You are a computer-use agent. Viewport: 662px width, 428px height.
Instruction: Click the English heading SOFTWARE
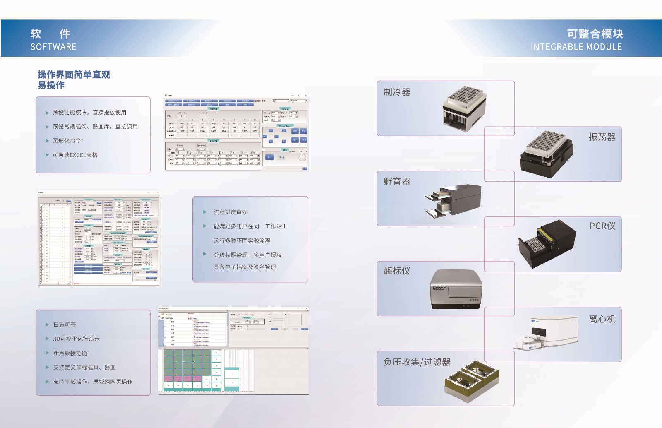tap(53, 47)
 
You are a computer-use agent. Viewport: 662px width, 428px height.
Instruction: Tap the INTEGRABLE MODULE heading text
tap(576, 47)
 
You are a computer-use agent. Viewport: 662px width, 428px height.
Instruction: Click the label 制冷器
tap(397, 92)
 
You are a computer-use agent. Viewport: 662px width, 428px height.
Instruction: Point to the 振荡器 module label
tap(602, 137)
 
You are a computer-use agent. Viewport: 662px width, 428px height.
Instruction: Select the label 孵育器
tap(397, 181)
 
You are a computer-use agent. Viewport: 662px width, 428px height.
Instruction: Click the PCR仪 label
tap(602, 226)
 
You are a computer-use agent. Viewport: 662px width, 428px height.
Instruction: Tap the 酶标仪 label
tap(397, 271)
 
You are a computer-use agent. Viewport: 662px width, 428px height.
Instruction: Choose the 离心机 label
tap(602, 319)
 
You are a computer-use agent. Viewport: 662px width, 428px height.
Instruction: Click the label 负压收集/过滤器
tap(417, 362)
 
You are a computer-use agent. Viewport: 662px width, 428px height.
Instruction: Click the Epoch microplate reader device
tap(456, 289)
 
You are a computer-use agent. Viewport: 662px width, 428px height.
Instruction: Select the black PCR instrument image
tap(547, 245)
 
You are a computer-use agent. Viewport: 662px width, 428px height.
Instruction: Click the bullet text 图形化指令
tap(67, 141)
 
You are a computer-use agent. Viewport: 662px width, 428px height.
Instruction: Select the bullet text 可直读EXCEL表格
tap(75, 155)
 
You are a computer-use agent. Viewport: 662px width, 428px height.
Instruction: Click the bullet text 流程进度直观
tap(230, 212)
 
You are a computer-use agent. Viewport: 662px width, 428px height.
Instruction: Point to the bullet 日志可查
tap(65, 325)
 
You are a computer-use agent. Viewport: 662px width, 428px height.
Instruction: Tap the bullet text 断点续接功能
tap(70, 353)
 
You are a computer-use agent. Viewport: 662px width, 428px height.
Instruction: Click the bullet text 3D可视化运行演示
tap(76, 339)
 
